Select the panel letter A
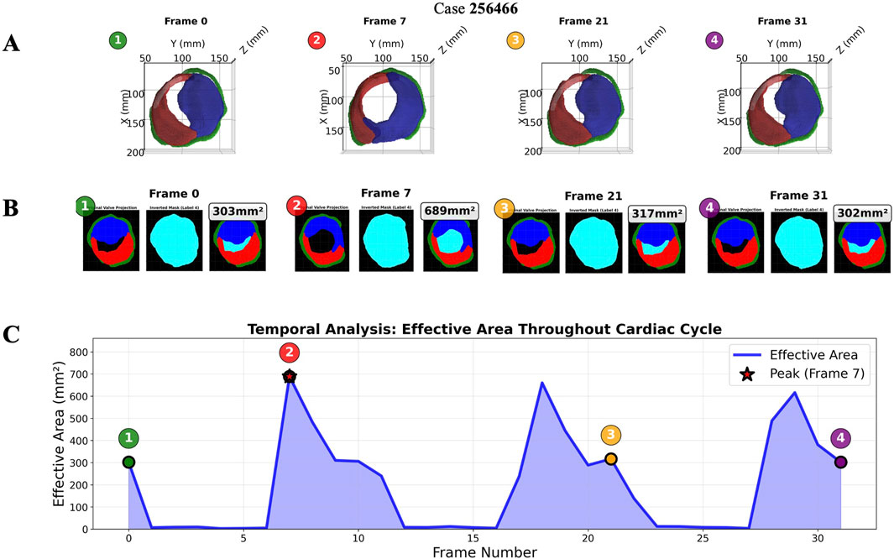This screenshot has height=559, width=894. click(12, 44)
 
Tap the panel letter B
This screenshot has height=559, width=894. click(12, 207)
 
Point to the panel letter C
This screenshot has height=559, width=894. click(12, 334)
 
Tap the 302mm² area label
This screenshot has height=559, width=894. click(863, 213)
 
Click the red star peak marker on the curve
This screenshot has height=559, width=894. click(290, 377)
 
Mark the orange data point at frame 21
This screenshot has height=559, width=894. click(611, 459)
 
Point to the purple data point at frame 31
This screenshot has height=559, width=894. click(840, 462)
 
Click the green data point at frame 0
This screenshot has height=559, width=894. click(128, 462)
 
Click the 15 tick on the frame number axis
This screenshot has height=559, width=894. click(473, 539)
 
